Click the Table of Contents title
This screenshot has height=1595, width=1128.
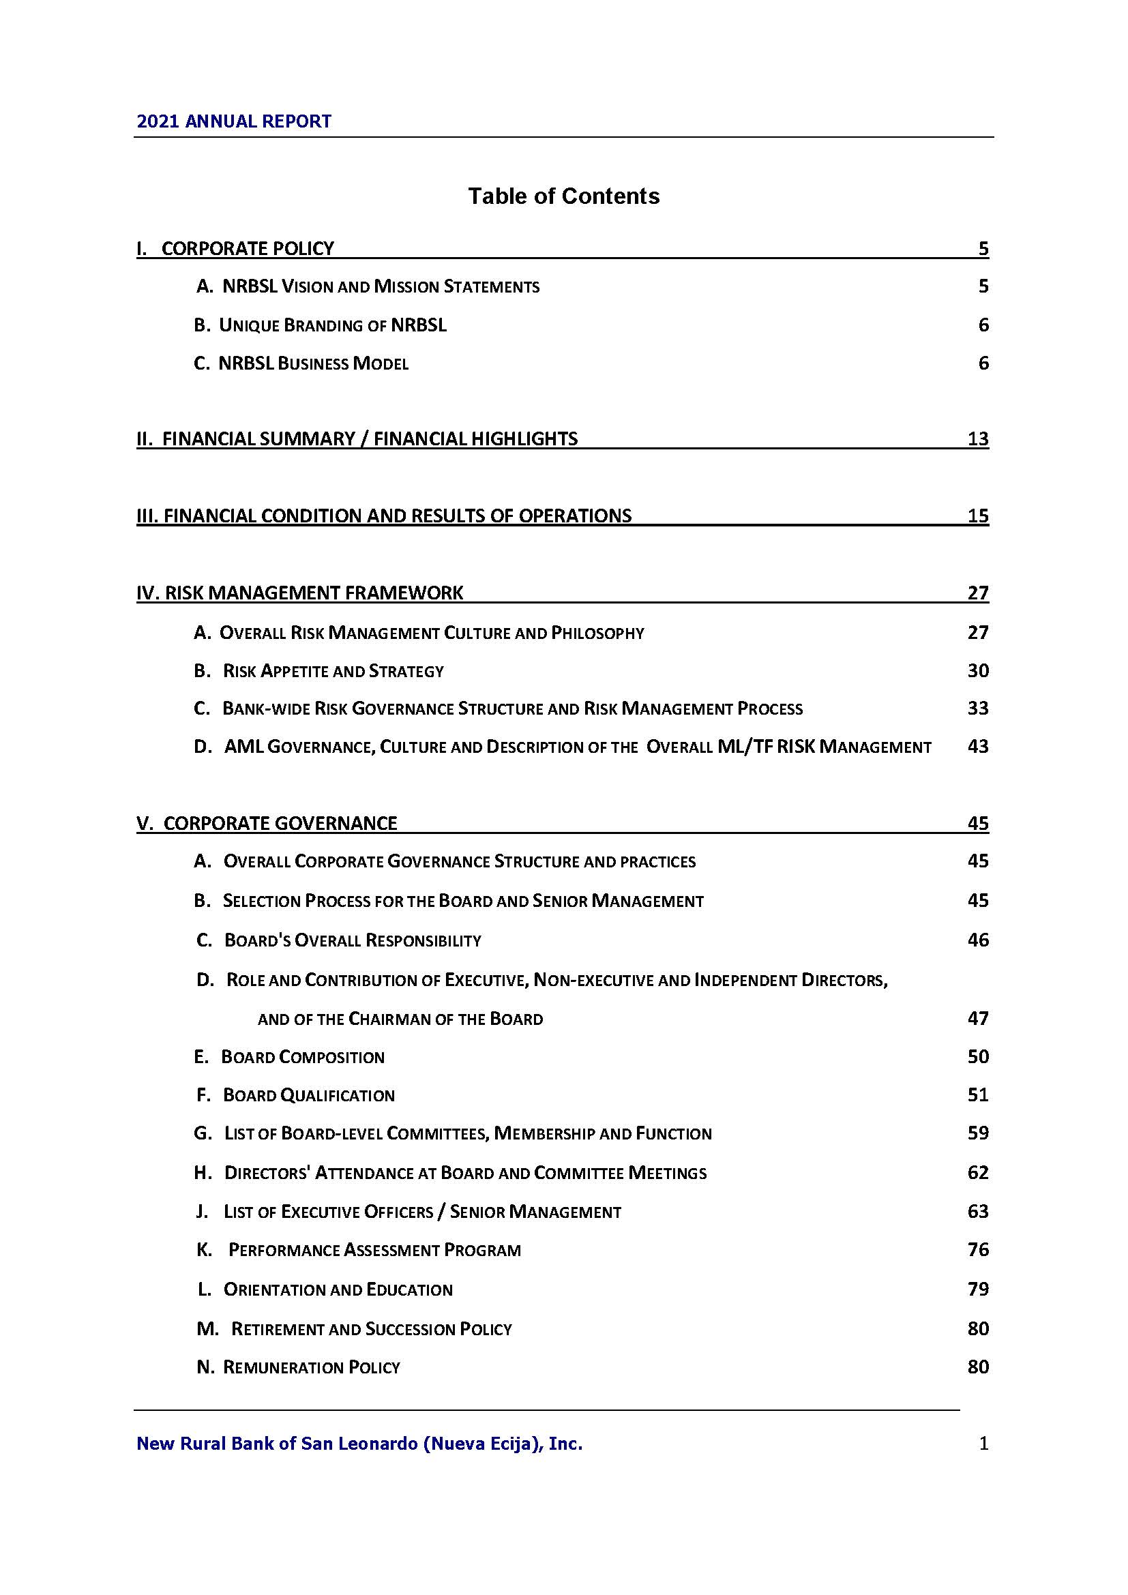(x=563, y=196)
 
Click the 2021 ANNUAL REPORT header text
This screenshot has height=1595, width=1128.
(x=234, y=121)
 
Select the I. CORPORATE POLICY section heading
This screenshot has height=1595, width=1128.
(x=235, y=248)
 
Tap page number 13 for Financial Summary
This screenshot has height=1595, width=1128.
(x=977, y=438)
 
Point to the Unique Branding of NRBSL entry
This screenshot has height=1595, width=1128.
(x=321, y=325)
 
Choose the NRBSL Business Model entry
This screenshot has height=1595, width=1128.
(x=301, y=363)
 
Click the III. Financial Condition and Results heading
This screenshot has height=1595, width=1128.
(x=384, y=516)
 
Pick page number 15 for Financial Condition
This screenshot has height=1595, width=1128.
(x=977, y=516)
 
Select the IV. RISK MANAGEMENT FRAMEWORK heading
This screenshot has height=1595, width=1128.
(x=300, y=593)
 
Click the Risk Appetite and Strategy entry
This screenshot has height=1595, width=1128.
(x=318, y=671)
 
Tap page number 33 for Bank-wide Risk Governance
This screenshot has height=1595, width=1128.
(x=977, y=709)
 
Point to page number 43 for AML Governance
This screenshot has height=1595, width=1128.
(x=977, y=747)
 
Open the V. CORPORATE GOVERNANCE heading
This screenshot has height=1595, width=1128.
(x=267, y=823)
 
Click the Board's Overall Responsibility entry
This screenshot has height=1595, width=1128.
(x=339, y=940)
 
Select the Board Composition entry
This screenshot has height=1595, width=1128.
(x=289, y=1058)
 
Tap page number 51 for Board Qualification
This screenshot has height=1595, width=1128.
(x=977, y=1096)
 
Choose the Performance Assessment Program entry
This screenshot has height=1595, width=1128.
(x=359, y=1251)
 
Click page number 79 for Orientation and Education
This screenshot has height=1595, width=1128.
(x=977, y=1290)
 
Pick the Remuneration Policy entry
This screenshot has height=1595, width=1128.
(x=299, y=1367)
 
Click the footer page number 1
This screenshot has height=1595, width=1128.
(x=983, y=1444)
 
